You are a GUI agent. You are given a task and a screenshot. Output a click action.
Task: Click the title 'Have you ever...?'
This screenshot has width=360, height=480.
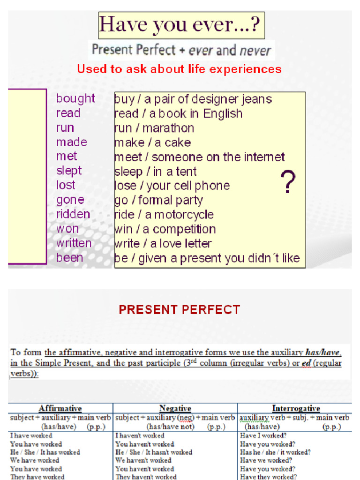point(181,25)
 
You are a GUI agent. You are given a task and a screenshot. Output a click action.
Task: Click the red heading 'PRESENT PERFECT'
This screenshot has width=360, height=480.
point(180,310)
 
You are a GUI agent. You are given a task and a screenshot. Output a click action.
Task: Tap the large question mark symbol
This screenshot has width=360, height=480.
point(288,182)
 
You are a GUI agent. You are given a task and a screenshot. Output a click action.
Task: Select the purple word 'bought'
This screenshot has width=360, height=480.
point(75,98)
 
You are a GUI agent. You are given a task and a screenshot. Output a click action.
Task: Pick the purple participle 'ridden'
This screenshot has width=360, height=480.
point(73,214)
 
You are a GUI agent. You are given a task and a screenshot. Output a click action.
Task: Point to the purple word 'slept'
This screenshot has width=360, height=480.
point(69,171)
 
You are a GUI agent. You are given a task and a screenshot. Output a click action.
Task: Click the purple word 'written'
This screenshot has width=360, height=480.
point(74,243)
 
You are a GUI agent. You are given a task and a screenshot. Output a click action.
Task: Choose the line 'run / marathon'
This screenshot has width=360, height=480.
point(154,128)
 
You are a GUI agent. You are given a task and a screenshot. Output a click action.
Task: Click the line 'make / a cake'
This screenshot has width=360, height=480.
point(152,142)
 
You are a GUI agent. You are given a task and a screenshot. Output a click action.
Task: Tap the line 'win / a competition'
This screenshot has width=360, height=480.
point(165,229)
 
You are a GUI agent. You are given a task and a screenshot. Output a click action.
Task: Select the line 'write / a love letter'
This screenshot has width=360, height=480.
point(163,244)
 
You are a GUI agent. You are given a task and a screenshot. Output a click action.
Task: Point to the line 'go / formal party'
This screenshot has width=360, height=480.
point(158,200)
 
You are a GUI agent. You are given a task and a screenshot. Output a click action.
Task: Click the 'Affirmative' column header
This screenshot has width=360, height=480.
point(60,409)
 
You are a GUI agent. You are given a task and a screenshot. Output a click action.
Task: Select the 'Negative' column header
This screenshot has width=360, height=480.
point(175,409)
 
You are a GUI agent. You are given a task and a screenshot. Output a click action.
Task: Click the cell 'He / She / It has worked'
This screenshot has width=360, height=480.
point(45,452)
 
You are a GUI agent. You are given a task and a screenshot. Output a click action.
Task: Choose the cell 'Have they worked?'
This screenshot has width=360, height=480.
point(268,477)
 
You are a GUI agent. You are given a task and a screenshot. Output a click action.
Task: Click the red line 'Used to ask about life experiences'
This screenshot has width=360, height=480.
point(179,69)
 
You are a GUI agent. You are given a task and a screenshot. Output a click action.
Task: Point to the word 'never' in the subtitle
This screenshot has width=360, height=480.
point(255,50)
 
